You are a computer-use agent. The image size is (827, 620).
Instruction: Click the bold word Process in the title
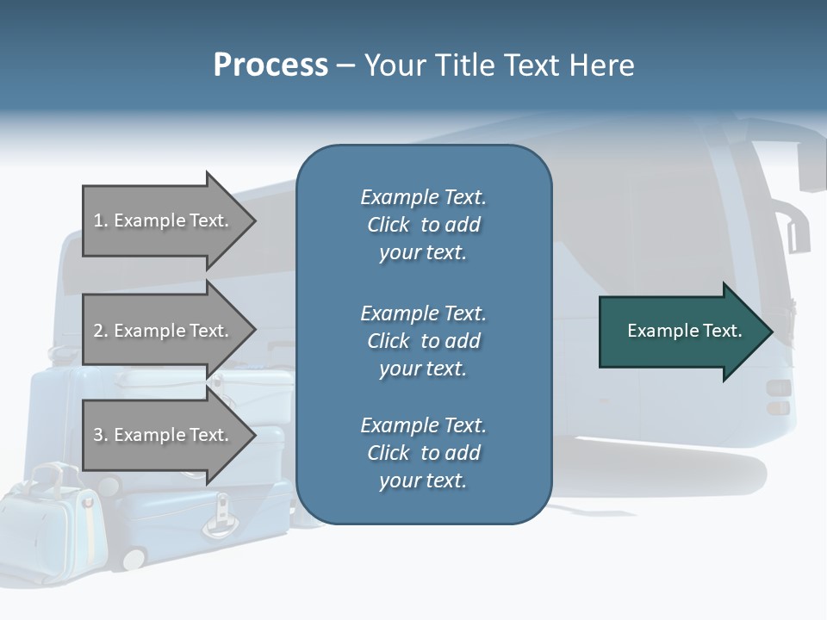[270, 65]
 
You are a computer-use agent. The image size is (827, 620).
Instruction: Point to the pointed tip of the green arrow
[770, 332]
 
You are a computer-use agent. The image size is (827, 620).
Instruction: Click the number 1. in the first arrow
[101, 220]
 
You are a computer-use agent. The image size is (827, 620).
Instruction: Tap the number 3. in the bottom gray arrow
[101, 435]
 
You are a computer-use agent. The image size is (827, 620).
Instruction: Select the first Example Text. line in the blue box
[423, 197]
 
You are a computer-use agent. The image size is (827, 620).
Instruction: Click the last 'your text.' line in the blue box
[423, 481]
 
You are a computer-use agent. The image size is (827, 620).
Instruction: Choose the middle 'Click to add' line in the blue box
[423, 341]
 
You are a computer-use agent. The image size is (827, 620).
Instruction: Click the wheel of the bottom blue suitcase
[134, 558]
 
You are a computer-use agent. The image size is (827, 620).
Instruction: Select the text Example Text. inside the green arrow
[684, 331]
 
